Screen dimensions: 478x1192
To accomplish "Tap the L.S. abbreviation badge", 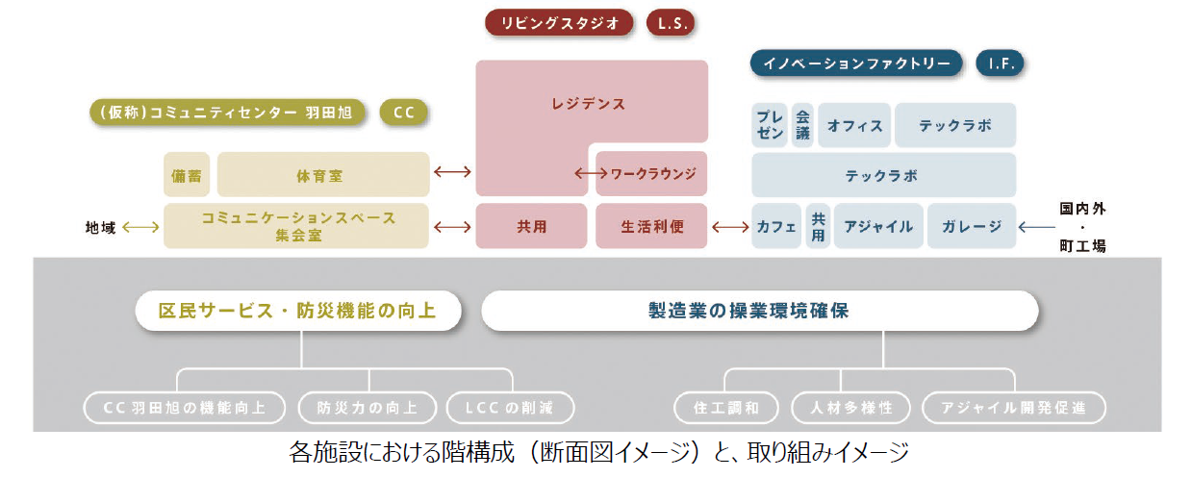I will pyautogui.click(x=671, y=22).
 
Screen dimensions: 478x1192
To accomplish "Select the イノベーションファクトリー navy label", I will pyautogui.click(x=856, y=64).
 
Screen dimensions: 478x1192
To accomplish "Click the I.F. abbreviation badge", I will pyautogui.click(x=1000, y=64).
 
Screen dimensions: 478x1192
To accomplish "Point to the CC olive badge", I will pyautogui.click(x=404, y=113).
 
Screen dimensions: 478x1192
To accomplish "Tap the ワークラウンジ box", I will pyautogui.click(x=652, y=174).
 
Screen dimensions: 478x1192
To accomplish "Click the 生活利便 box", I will pyautogui.click(x=651, y=227).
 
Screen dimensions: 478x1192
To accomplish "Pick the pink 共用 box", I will pyautogui.click(x=531, y=227).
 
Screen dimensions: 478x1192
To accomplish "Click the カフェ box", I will pyautogui.click(x=776, y=227).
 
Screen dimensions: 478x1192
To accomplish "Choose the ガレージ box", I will pyautogui.click(x=971, y=227).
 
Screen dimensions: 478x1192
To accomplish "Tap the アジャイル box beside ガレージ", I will pyautogui.click(x=878, y=227).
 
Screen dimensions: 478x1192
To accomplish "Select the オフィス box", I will pyautogui.click(x=854, y=125).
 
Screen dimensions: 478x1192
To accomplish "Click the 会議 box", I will pyautogui.click(x=802, y=125).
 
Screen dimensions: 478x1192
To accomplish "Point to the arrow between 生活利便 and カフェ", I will pyautogui.click(x=730, y=227).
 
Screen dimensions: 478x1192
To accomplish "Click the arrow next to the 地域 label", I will pyautogui.click(x=140, y=227).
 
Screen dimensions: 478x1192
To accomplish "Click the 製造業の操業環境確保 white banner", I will pyautogui.click(x=759, y=312).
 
